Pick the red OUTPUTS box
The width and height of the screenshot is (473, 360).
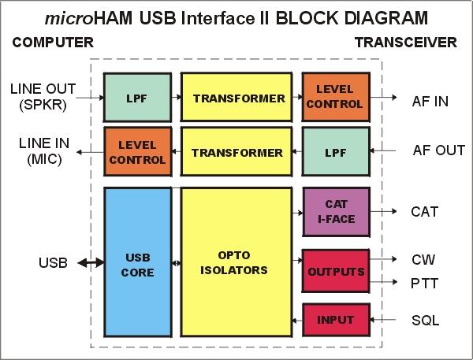[335, 272]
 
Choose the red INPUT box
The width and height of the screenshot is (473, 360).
[335, 319]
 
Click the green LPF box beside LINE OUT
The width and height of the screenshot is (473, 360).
[137, 98]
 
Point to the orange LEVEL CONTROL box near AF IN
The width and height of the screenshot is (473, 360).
[335, 98]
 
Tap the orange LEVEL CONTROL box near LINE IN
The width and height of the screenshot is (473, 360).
[137, 153]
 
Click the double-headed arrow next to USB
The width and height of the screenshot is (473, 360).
[89, 262]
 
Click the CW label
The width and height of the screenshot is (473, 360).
[423, 259]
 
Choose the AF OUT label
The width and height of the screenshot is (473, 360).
[439, 150]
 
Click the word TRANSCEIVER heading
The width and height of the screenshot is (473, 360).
[405, 43]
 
